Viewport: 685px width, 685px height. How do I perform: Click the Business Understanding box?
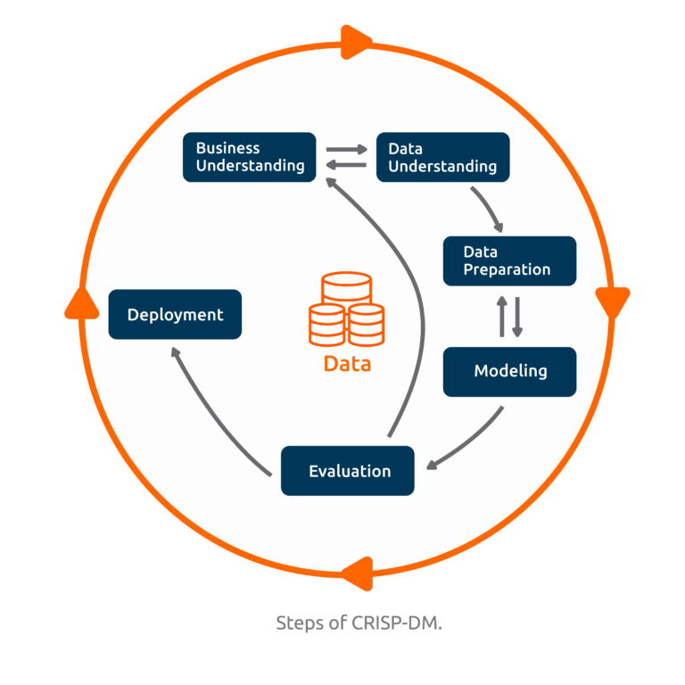[x=250, y=157]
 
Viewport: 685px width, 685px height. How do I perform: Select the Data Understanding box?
[x=442, y=157]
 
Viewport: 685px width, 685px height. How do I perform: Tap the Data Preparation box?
[x=509, y=260]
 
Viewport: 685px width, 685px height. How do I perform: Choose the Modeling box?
[x=509, y=371]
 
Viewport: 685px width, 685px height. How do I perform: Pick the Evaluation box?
[x=348, y=471]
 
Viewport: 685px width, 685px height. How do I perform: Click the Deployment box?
[x=175, y=315]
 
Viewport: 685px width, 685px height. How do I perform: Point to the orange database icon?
[x=346, y=309]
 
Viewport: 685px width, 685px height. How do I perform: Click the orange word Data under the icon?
[x=347, y=364]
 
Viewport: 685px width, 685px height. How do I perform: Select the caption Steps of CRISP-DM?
[x=359, y=623]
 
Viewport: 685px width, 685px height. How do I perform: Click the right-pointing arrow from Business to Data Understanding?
[x=346, y=150]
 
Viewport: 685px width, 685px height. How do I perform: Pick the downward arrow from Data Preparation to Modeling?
[x=517, y=317]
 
